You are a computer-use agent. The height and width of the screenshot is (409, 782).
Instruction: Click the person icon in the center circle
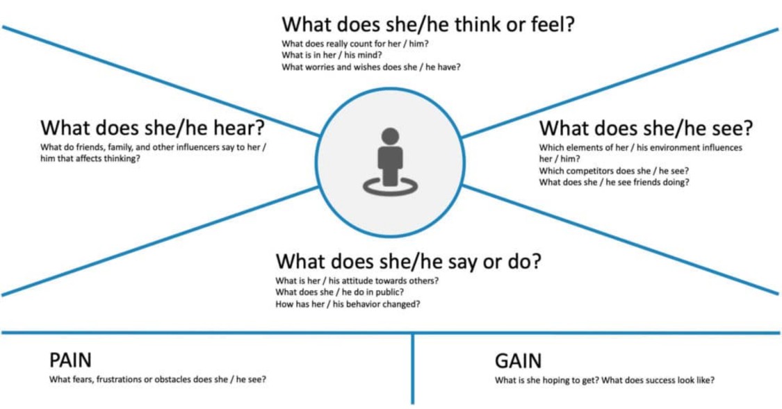[x=390, y=159]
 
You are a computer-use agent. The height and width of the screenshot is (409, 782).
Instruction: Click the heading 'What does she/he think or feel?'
[x=428, y=24]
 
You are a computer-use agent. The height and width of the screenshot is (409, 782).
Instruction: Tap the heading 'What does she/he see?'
[x=646, y=128]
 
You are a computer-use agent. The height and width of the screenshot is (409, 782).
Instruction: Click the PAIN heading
[x=70, y=360]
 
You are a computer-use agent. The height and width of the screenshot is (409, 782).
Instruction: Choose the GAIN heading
[x=518, y=361]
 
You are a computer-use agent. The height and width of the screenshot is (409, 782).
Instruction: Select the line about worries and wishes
[x=371, y=67]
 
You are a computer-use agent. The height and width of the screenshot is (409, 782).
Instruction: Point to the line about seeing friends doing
[x=614, y=182]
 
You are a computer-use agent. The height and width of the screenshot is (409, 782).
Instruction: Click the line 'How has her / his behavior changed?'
[x=348, y=304]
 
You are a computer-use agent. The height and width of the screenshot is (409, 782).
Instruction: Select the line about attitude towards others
[x=357, y=281]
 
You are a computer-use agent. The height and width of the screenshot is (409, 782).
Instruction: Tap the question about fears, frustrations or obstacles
[x=157, y=380]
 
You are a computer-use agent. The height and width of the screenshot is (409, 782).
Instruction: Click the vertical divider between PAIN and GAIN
[x=413, y=368]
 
